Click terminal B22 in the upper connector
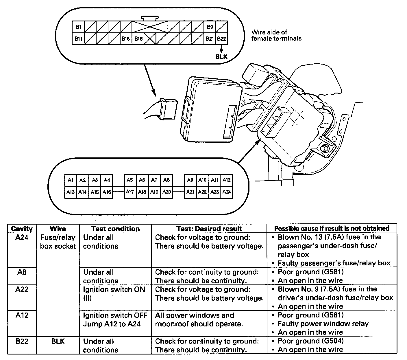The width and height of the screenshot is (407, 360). coord(221,39)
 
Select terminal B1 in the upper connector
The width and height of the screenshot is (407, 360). coord(78,27)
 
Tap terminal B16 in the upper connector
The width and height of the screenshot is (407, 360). coord(138,39)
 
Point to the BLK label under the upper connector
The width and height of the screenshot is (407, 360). coord(221,57)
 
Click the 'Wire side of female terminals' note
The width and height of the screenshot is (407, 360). coord(276,35)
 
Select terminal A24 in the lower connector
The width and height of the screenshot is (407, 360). coord(227,192)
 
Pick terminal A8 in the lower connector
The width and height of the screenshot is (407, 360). coord(166,180)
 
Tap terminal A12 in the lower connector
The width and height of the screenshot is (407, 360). coord(227,180)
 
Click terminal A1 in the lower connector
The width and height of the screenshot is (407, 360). coord(71,180)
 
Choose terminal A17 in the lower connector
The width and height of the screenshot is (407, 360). coord(130,192)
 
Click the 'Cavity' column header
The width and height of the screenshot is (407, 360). coord(22,229)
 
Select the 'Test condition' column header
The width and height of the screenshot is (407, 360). coord(115,229)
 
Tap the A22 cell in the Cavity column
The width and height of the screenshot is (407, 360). coord(22,289)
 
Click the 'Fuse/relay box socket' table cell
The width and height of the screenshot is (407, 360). coord(58,242)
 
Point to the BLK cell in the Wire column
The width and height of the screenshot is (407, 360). coord(58,341)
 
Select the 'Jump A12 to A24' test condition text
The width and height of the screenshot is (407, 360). coord(112,324)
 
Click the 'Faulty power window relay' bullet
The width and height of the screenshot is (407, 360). coord(323,324)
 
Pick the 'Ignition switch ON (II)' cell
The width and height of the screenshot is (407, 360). coord(114,293)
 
